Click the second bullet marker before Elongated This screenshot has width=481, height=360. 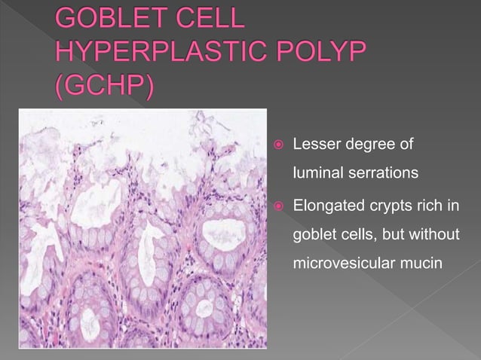278,204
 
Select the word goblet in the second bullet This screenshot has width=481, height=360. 314,235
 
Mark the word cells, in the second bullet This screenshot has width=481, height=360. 360,235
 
